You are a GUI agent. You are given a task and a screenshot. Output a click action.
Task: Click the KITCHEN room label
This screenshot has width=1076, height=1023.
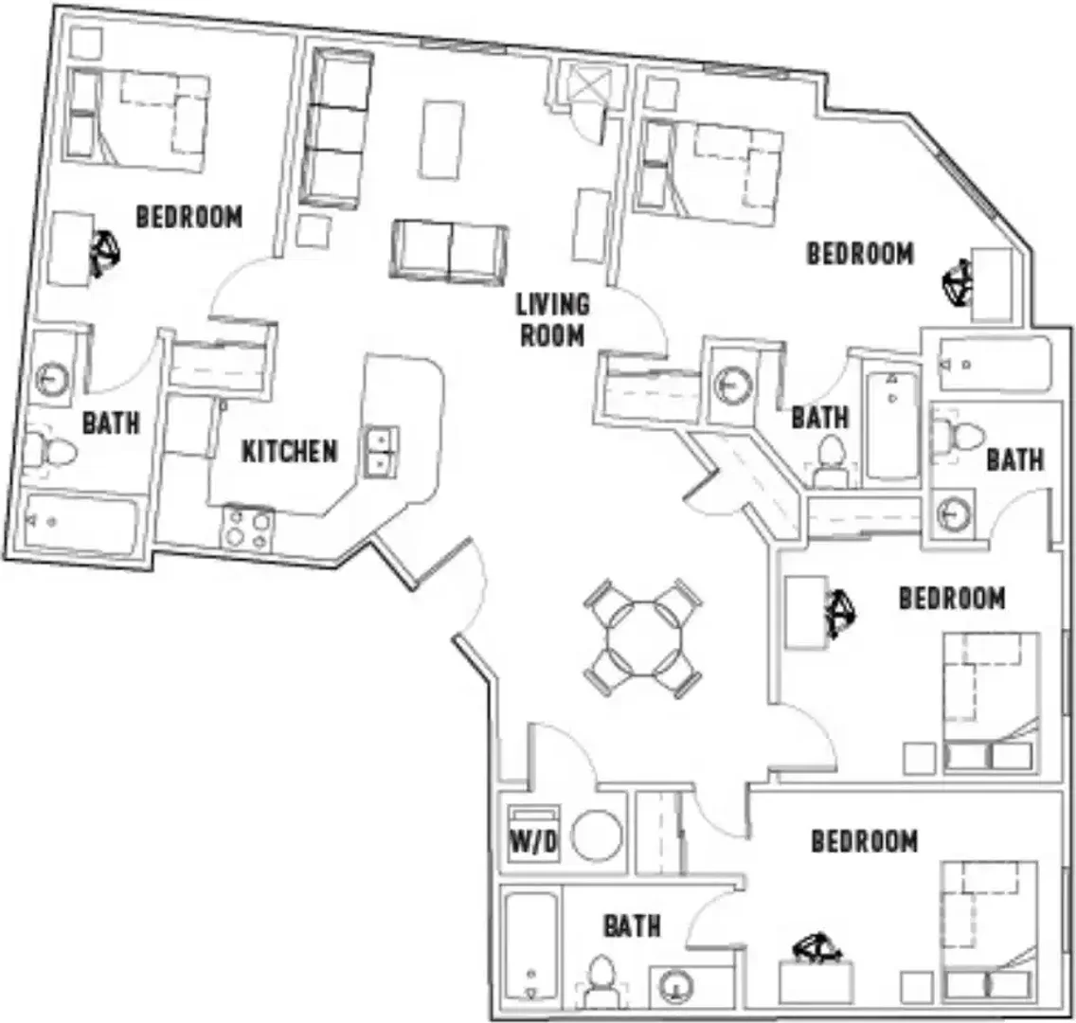click(290, 452)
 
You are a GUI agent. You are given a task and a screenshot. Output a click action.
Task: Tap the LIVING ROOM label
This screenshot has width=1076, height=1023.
click(552, 319)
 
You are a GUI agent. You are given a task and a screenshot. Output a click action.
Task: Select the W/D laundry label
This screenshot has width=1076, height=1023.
click(533, 842)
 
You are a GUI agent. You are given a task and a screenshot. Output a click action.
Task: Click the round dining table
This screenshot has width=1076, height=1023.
click(643, 638)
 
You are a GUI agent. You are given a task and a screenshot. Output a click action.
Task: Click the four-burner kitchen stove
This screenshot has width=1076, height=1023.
click(247, 528)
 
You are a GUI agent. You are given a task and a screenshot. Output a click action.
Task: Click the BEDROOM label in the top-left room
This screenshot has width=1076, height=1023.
click(189, 217)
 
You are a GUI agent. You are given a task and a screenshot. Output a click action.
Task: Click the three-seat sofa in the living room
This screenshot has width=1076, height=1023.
click(336, 129)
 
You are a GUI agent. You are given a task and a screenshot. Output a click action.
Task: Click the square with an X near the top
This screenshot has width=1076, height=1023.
click(589, 85)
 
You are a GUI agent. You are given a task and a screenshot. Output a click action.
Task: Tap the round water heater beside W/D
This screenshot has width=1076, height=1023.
click(597, 835)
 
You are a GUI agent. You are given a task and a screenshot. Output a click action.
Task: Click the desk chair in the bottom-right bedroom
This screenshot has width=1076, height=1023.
click(816, 947)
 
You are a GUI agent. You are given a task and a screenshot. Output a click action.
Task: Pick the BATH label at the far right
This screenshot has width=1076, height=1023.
click(1015, 459)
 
